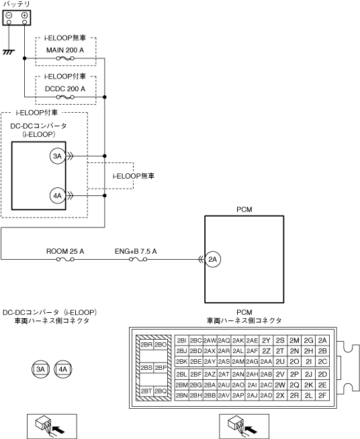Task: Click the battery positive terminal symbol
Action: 24,15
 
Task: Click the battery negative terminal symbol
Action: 9,15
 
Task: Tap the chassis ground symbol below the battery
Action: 9,52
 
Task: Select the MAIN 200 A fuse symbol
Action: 65,58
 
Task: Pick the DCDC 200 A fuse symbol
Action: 65,97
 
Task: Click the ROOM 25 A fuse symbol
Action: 65,260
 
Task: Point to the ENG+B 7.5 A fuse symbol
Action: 138,260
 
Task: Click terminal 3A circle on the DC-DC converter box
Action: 58,156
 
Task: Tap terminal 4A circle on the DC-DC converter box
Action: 58,196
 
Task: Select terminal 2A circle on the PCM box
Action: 213,259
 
